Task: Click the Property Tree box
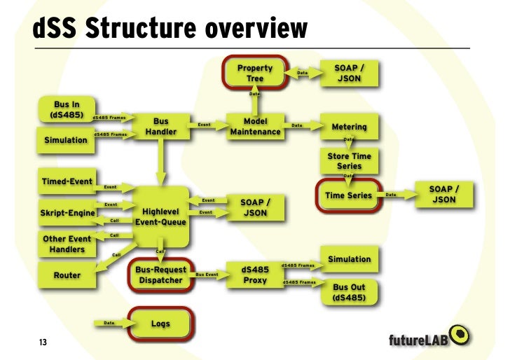tap(254, 73)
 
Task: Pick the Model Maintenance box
tap(255, 126)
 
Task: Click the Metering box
tap(348, 127)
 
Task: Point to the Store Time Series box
tap(348, 160)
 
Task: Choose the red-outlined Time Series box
tap(349, 195)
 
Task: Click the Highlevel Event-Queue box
tap(163, 216)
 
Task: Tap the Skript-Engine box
tap(67, 212)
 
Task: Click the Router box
tap(67, 275)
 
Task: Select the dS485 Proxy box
tap(255, 275)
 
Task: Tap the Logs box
tap(160, 324)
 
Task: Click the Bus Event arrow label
tap(208, 275)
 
